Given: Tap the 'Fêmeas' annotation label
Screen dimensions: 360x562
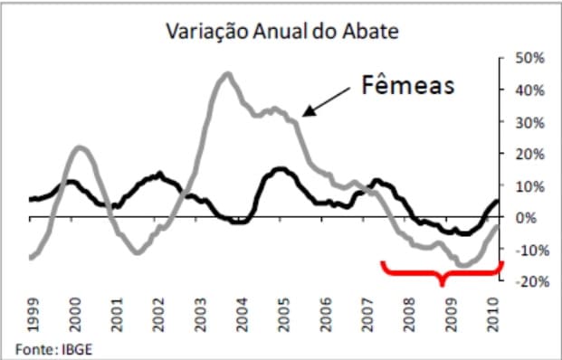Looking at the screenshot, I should [x=406, y=86].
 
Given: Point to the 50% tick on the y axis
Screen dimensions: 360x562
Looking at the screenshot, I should [x=529, y=58].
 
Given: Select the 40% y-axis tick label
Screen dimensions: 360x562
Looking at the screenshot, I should [x=529, y=90].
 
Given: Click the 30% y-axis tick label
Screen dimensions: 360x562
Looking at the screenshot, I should [x=529, y=122].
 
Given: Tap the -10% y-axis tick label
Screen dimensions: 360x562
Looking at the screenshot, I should [x=527, y=250].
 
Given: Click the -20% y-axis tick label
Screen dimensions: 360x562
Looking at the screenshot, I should [x=527, y=281].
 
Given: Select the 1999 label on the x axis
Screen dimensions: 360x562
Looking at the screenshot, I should [x=33, y=317].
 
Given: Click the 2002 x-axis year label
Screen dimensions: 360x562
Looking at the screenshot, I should [x=157, y=317].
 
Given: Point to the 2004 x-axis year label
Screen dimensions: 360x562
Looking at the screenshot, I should [x=241, y=317].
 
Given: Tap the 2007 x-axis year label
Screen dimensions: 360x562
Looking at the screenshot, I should [x=366, y=317].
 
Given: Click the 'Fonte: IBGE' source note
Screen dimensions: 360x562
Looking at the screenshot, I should [x=52, y=347].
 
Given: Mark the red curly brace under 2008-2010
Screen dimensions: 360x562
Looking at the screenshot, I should [x=442, y=271].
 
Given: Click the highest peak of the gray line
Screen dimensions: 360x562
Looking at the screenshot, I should [x=226, y=74].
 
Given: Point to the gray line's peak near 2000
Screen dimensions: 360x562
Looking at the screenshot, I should [x=79, y=147].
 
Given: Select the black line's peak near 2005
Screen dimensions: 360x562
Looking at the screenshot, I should [x=281, y=168].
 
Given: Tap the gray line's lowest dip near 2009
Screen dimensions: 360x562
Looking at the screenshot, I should [x=464, y=265].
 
